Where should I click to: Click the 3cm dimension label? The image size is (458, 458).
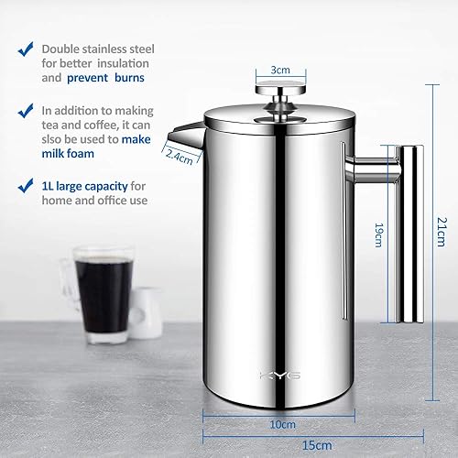point(280,70)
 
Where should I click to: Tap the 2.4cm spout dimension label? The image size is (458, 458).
point(180,157)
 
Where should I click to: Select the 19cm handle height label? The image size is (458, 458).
point(378,234)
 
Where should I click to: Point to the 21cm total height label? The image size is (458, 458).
point(442,232)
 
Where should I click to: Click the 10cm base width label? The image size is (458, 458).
point(283,424)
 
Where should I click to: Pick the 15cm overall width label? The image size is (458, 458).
point(317,445)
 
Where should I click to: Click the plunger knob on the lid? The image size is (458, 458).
point(280,88)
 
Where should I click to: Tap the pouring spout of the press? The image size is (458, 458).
point(186,136)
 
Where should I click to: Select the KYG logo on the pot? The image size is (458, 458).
point(280,376)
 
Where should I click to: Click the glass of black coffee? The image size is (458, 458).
point(104,292)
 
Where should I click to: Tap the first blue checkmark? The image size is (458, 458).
point(26,49)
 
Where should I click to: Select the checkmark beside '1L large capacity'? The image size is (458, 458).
point(26,186)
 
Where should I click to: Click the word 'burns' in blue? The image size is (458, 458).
point(129,78)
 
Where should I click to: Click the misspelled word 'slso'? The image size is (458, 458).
point(51,139)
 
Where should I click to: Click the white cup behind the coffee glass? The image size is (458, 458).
point(146,311)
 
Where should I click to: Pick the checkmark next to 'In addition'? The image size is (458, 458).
point(26,111)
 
